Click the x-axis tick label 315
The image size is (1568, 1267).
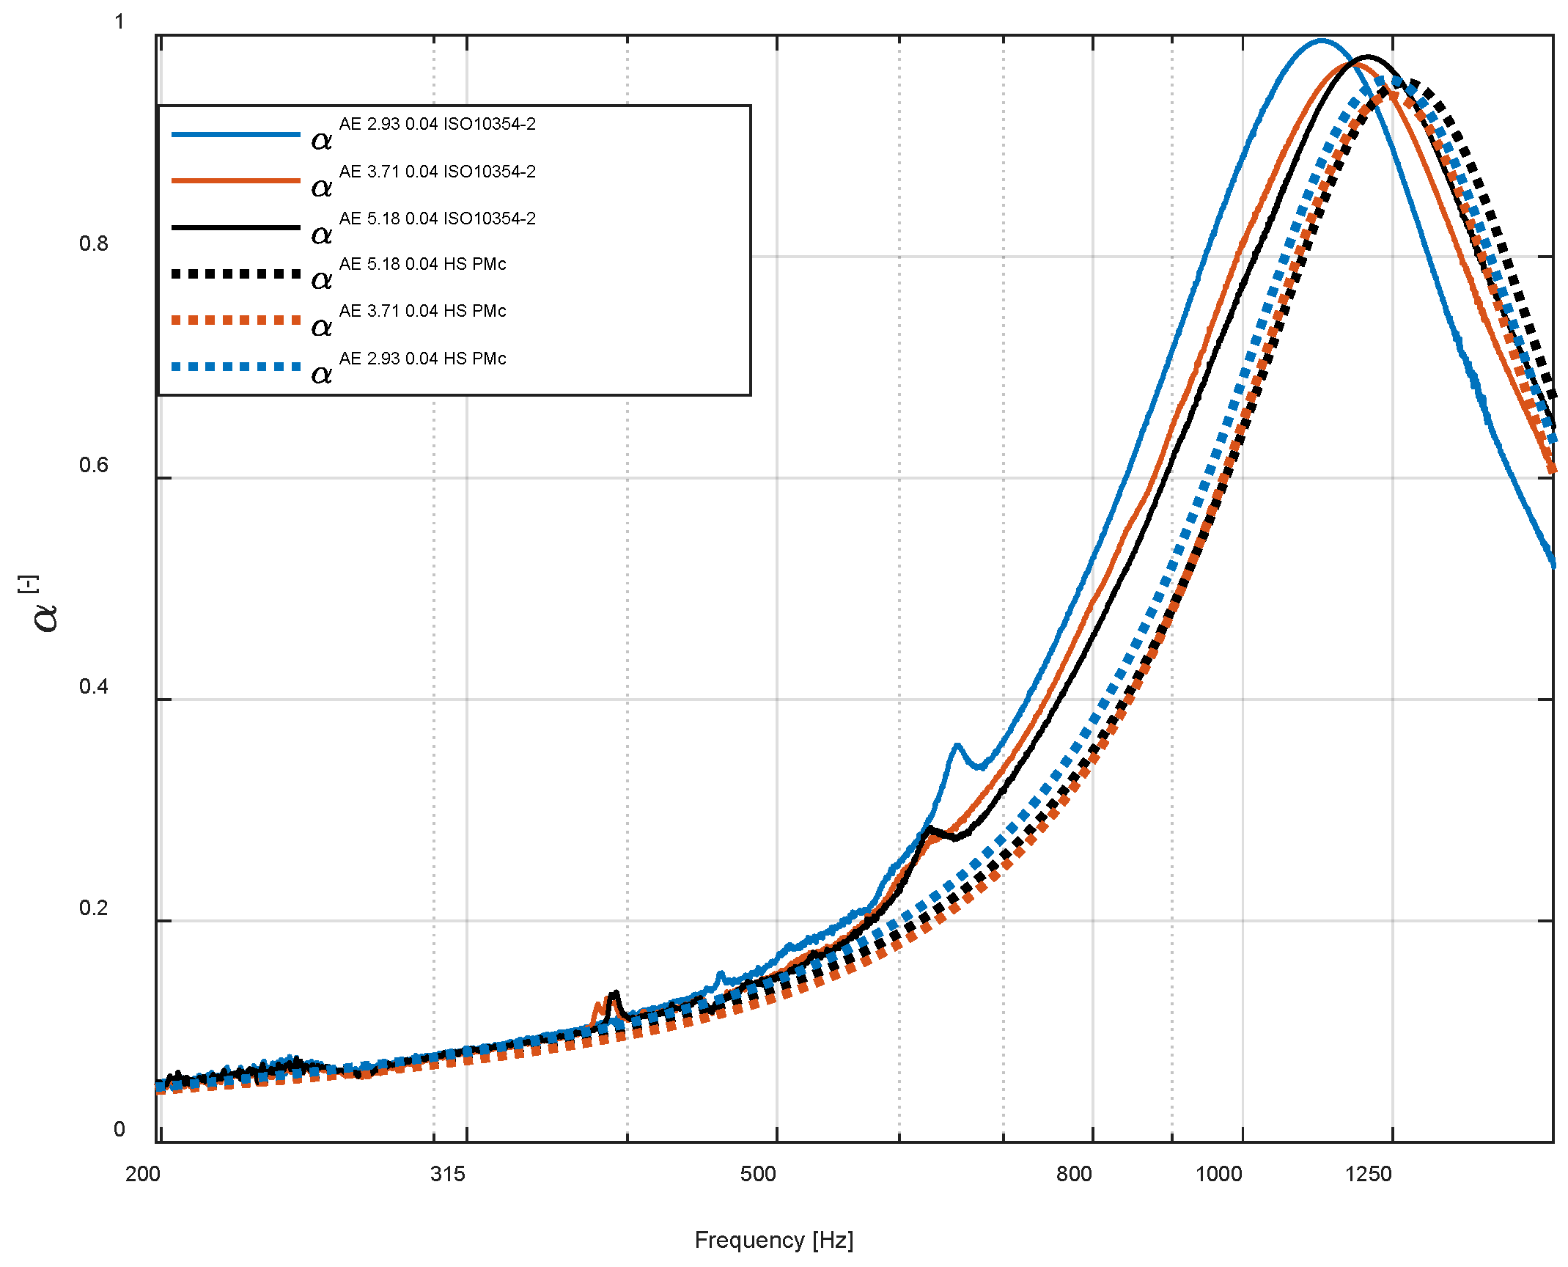[447, 1174]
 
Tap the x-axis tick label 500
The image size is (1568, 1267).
[757, 1174]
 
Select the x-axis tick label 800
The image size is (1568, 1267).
[1074, 1174]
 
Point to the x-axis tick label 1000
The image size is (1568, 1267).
[1218, 1174]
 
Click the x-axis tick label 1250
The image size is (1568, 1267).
[1368, 1174]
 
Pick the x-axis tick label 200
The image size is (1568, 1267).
[142, 1174]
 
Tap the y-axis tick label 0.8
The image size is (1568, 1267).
[94, 243]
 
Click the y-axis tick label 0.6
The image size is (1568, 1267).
[94, 465]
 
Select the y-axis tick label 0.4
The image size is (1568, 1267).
[94, 686]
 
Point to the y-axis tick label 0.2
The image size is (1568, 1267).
[94, 908]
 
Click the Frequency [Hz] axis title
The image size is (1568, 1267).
[773, 1240]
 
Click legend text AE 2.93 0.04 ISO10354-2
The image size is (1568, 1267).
[437, 124]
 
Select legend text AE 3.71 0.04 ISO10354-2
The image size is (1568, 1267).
[437, 172]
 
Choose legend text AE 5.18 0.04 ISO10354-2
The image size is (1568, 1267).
[437, 218]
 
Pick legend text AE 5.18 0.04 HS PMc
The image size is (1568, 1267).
[422, 264]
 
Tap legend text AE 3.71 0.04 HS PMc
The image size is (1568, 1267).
[422, 311]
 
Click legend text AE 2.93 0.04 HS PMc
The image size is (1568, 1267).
[422, 359]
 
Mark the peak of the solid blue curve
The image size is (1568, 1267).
[1321, 40]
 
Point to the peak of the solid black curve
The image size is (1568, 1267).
[1367, 56]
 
